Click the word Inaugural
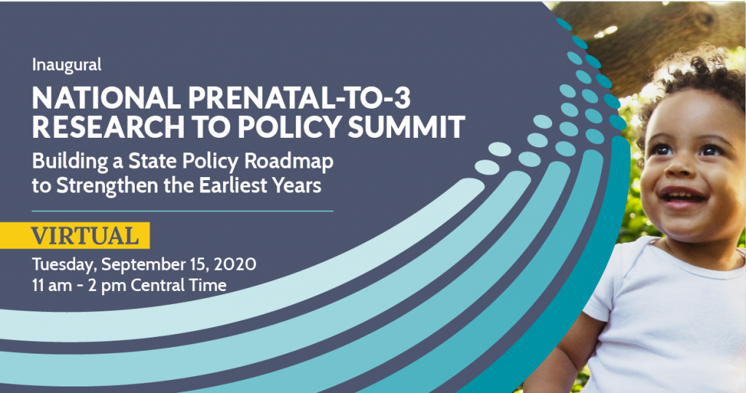pyautogui.click(x=66, y=65)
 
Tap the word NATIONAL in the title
pyautogui.click(x=106, y=98)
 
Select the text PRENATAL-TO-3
pyautogui.click(x=299, y=98)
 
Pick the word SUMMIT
pyautogui.click(x=407, y=127)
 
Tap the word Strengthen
pyautogui.click(x=109, y=186)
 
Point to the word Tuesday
pyautogui.click(x=64, y=265)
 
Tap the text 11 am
pyautogui.click(x=50, y=285)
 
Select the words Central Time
pyautogui.click(x=178, y=285)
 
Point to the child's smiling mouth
pyautogui.click(x=682, y=196)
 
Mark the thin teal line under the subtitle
pyautogui.click(x=183, y=211)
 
